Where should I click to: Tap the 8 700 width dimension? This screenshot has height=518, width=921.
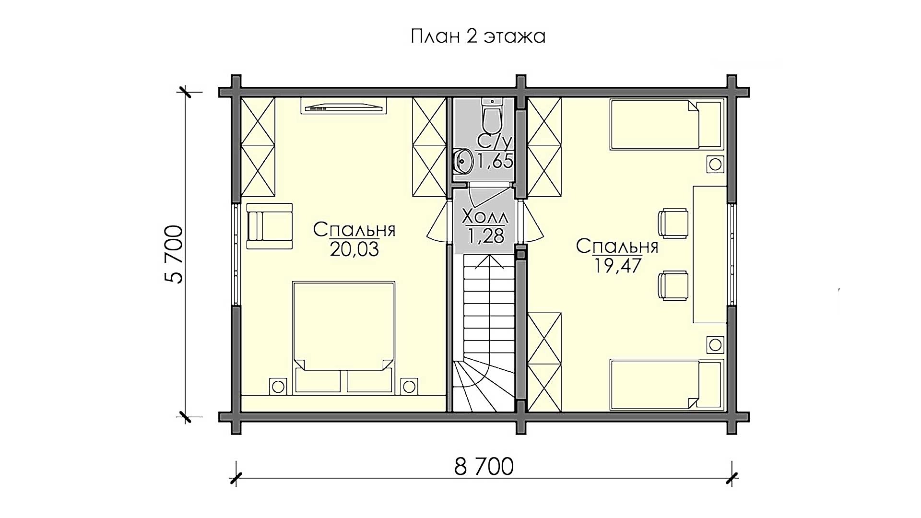[484, 466]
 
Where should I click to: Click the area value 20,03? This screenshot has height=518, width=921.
[354, 249]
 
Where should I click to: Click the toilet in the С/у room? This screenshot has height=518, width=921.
[491, 115]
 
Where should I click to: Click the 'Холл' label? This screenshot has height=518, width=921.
[485, 217]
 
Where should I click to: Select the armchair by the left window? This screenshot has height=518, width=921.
[270, 225]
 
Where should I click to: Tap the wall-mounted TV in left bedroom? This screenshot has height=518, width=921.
[343, 106]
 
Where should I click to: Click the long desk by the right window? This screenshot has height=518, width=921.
[710, 254]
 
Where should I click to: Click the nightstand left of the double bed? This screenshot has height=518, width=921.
[277, 386]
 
